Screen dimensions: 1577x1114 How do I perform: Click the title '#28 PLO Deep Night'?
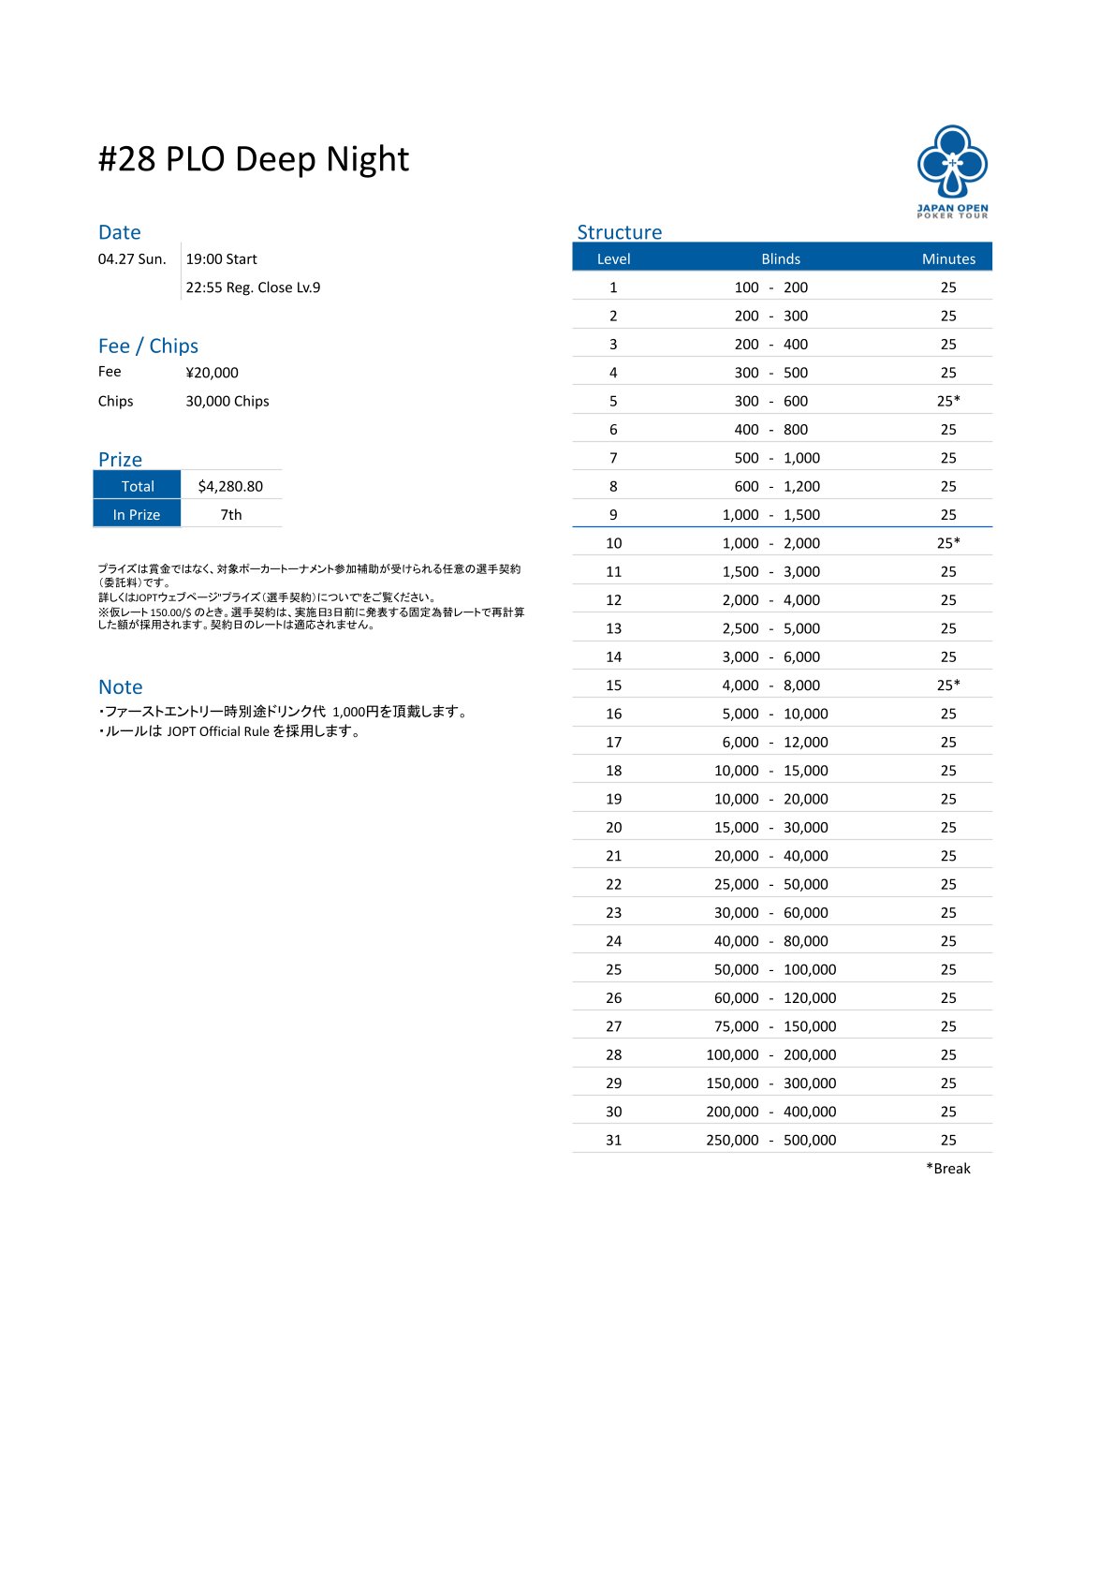[x=254, y=159]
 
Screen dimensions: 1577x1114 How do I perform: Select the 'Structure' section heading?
[x=619, y=232]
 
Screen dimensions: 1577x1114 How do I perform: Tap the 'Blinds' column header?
[x=781, y=258]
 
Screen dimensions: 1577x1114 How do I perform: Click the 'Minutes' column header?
[x=948, y=258]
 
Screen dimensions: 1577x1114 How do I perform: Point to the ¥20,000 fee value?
[x=212, y=373]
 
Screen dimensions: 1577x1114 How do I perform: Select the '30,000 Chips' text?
[x=227, y=401]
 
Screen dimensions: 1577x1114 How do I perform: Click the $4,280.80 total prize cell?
[x=230, y=486]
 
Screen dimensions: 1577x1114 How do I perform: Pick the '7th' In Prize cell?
[x=231, y=514]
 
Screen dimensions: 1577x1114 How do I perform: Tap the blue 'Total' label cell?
[x=138, y=486]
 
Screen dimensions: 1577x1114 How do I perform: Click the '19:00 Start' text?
[x=221, y=259]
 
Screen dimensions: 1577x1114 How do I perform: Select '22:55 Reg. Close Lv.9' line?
[x=253, y=287]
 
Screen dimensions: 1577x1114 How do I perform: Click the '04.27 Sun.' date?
[x=132, y=259]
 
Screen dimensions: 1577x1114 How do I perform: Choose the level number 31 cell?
[x=613, y=1140]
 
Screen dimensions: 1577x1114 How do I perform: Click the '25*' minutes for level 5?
[x=948, y=401]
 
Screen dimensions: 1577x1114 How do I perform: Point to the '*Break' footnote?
[x=948, y=1168]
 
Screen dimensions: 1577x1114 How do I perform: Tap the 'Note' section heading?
[x=121, y=686]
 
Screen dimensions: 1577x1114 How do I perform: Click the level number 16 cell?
[x=613, y=714]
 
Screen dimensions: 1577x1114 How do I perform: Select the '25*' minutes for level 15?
[x=948, y=685]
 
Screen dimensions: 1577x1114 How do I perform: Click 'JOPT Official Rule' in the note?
[x=218, y=731]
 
